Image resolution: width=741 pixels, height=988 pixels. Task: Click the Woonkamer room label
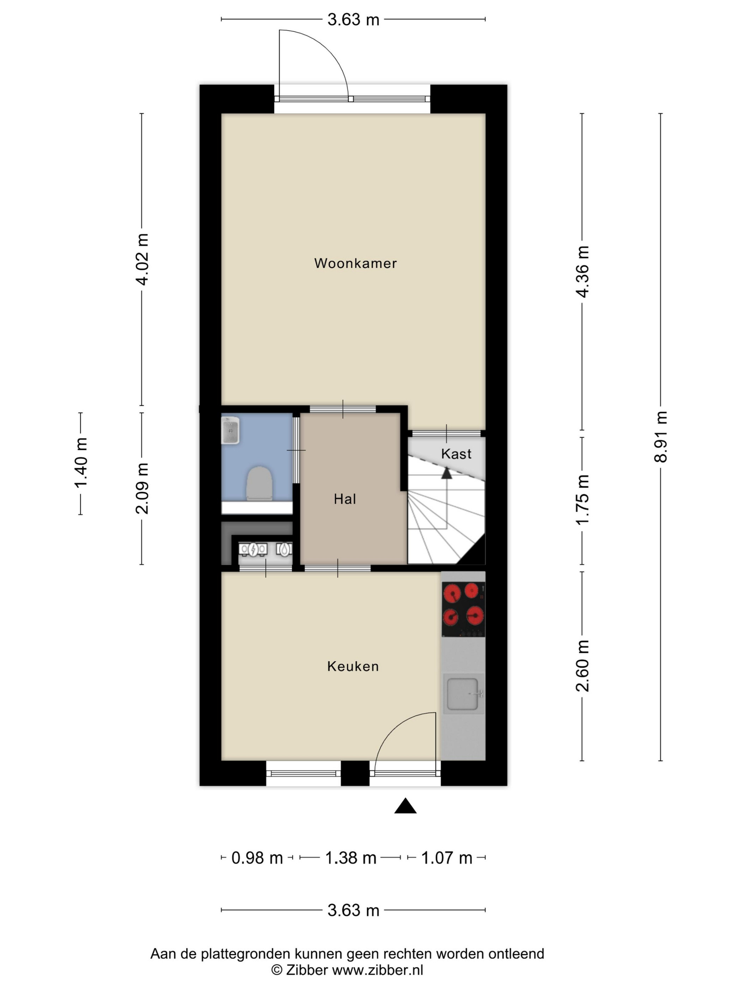pos(355,263)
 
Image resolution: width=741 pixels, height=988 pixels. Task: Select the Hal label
pos(345,499)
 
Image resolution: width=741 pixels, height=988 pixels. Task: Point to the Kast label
pos(456,454)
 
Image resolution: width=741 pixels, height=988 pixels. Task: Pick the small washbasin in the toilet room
pos(231,430)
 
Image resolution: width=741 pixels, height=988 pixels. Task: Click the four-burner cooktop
pos(463,609)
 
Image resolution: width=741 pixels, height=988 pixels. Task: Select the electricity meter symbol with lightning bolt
pos(253,549)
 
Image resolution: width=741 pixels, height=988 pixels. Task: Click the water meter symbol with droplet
pos(284,549)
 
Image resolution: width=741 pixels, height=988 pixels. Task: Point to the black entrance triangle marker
pos(405,806)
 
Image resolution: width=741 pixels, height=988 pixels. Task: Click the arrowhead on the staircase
pos(446,473)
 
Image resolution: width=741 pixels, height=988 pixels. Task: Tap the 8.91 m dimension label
pos(661,437)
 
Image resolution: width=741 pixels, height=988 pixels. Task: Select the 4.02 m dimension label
pos(142,259)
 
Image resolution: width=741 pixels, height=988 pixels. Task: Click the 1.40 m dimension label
pos(81,463)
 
